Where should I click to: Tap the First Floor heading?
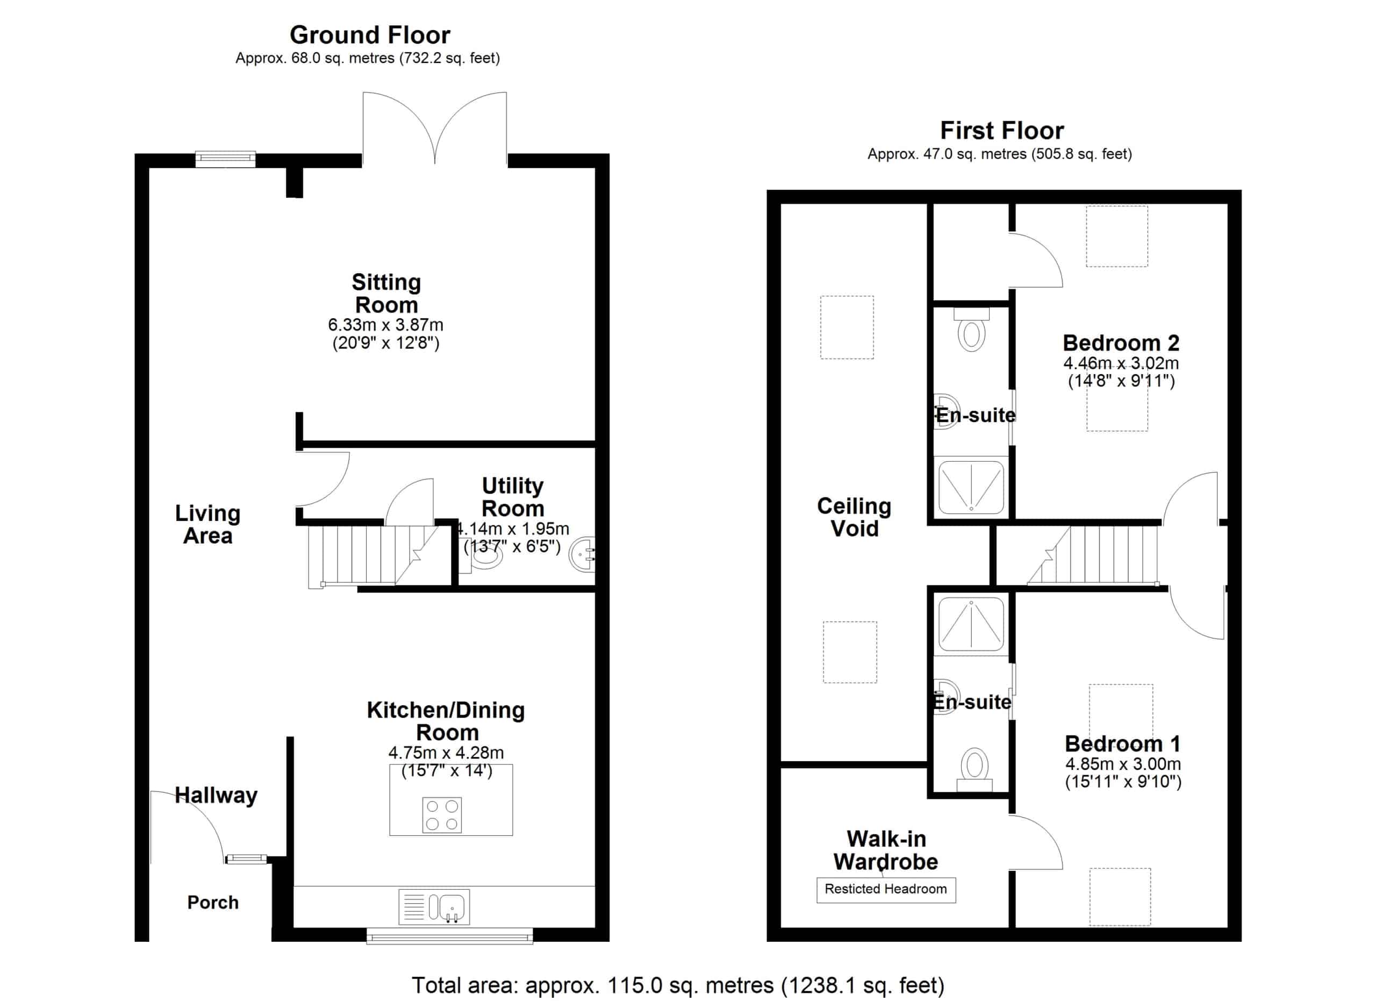click(1002, 131)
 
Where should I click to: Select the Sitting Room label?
click(386, 294)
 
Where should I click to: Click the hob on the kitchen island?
click(442, 815)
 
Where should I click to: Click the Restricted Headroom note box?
click(886, 890)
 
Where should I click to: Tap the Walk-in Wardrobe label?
click(886, 850)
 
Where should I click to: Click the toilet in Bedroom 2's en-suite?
click(971, 330)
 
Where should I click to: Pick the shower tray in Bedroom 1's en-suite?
click(971, 624)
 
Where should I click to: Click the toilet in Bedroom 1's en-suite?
click(974, 769)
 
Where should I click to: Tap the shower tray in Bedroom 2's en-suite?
click(971, 488)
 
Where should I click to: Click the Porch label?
click(213, 903)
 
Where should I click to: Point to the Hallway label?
click(216, 795)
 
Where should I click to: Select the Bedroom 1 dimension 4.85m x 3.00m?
click(1123, 764)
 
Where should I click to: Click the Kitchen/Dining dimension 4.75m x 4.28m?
click(446, 753)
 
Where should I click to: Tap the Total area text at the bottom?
click(678, 985)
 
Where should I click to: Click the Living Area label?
click(207, 524)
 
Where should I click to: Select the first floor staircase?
click(1093, 556)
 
